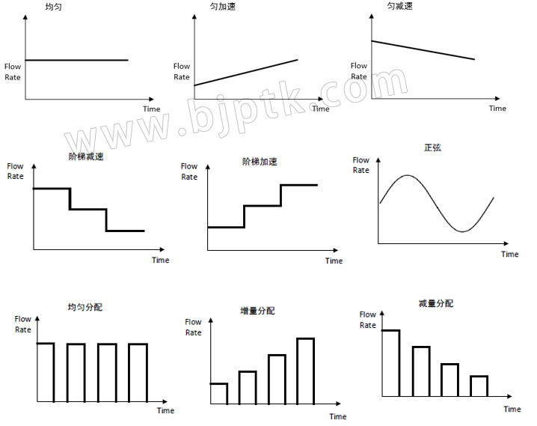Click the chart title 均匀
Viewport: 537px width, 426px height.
pos(53,7)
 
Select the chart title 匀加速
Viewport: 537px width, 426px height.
pos(223,7)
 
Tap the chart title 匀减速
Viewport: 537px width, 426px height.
pos(399,6)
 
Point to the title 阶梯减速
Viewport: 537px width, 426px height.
pos(86,156)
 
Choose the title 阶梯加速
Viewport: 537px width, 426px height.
pos(260,162)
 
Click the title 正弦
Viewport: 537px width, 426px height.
pos(432,147)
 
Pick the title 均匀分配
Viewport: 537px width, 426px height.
pos(85,307)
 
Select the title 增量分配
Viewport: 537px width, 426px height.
pos(257,311)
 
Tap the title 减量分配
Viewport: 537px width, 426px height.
pos(436,303)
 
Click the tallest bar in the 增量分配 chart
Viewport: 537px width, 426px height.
pos(306,371)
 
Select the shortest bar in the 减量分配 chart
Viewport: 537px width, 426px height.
pos(479,386)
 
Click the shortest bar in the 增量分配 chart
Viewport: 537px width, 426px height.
pos(219,394)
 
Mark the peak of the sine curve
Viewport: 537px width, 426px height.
pos(408,175)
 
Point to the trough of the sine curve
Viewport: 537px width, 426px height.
pos(462,231)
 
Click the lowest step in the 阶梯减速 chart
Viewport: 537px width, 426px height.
pos(126,231)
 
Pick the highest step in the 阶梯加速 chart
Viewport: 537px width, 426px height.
pos(299,185)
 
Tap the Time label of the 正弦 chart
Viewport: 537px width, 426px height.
pos(509,255)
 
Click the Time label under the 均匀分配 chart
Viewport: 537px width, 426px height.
pos(165,410)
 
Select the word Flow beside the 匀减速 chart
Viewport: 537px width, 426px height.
pos(359,65)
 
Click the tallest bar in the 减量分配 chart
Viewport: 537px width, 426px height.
pos(390,363)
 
